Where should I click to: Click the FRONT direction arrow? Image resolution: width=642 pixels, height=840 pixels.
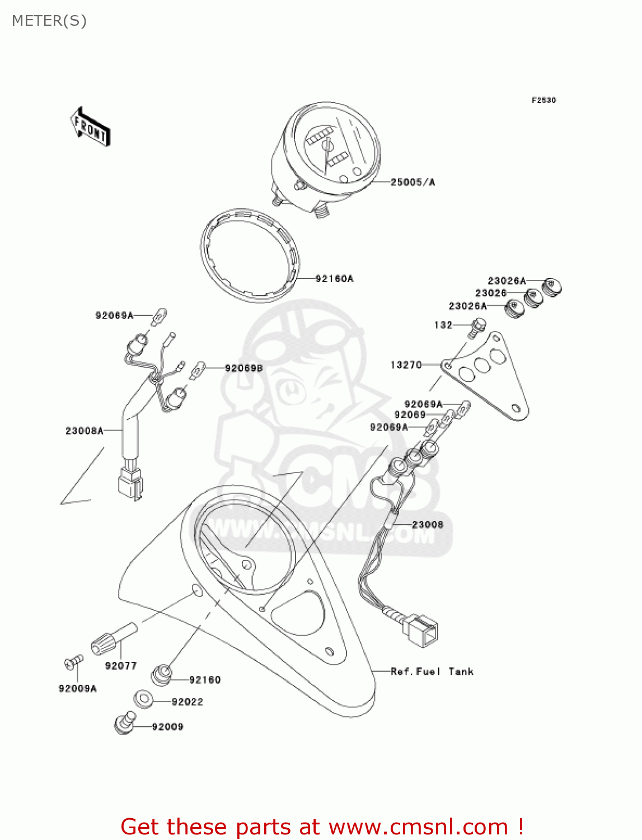90,127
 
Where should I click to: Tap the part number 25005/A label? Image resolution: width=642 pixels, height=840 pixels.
413,182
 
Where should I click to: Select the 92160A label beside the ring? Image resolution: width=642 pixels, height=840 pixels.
334,278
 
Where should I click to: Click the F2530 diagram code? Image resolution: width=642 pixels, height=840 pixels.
543,100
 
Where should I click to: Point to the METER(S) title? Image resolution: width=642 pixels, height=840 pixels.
49,21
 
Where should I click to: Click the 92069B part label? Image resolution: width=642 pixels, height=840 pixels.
243,368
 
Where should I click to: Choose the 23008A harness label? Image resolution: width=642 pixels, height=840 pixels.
85,431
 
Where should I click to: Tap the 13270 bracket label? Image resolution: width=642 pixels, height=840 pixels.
406,365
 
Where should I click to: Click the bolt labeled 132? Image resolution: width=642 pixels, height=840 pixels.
477,326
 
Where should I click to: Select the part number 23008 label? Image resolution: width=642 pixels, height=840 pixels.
428,524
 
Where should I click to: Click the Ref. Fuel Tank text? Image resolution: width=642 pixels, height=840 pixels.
432,671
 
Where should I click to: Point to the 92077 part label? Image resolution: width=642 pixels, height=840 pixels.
121,665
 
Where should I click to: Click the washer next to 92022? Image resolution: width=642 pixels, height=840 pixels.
144,699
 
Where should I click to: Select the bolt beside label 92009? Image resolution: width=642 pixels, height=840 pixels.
124,723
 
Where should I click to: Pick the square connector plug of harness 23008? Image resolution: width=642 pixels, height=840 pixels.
422,630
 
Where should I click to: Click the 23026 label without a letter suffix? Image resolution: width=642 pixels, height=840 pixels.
491,293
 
